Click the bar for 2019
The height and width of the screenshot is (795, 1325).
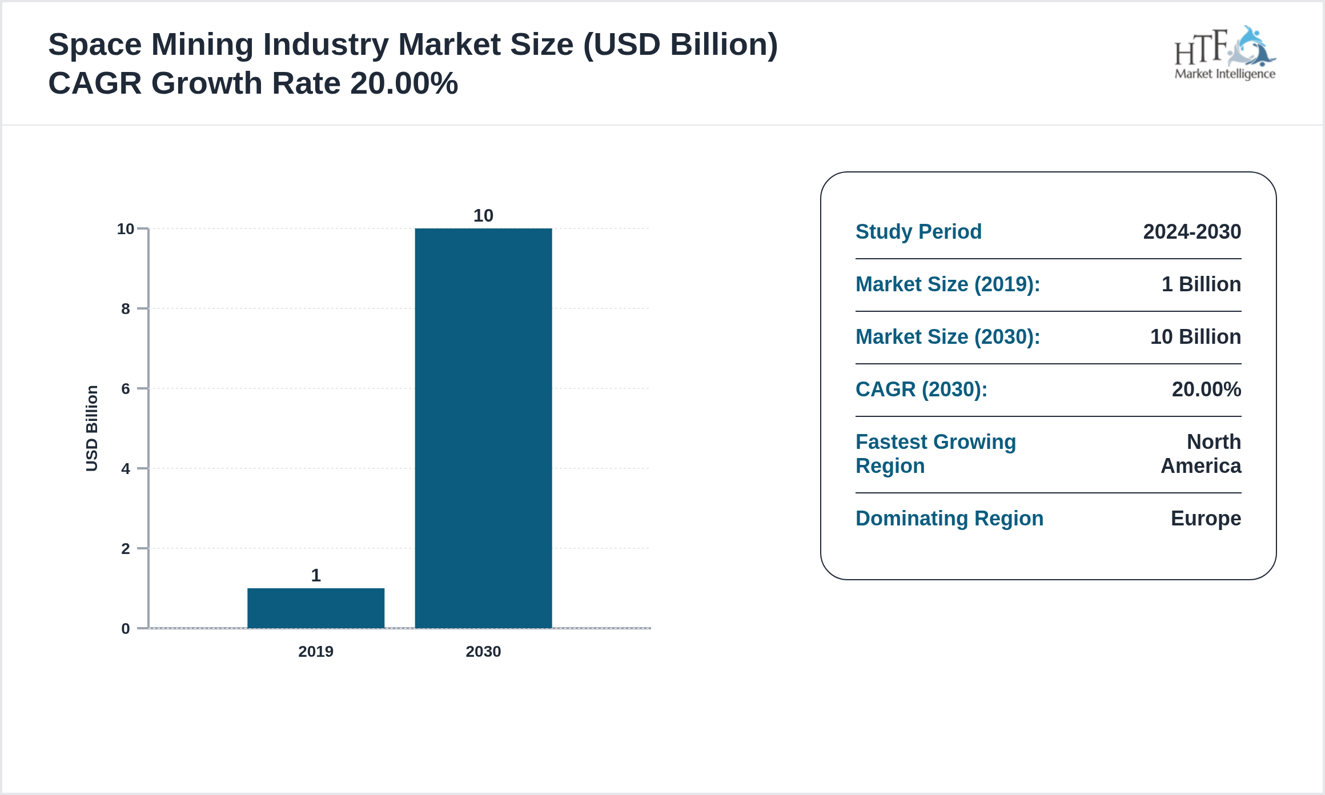click(316, 608)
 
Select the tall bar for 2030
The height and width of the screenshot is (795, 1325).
click(483, 428)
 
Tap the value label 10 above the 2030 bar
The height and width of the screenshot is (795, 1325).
click(483, 215)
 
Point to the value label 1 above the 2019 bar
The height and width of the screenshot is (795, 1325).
click(316, 575)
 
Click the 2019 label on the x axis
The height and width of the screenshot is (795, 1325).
click(316, 652)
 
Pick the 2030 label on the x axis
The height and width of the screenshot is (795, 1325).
click(483, 652)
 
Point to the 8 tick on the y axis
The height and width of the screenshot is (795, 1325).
click(126, 309)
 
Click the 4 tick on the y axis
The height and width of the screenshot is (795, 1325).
click(126, 469)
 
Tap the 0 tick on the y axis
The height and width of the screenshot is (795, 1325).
click(126, 629)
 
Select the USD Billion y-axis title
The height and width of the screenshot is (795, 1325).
click(92, 428)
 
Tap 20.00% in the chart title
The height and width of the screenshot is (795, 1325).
click(404, 83)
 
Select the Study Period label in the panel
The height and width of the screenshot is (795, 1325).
click(918, 232)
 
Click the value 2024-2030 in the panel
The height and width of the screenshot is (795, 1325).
click(1192, 232)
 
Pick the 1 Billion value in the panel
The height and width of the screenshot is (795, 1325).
click(1201, 284)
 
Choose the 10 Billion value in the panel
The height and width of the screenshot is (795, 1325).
click(1195, 337)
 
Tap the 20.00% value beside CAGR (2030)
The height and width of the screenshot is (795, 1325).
click(1206, 390)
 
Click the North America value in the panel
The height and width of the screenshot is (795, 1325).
click(1202, 454)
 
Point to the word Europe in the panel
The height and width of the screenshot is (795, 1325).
click(1206, 519)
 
